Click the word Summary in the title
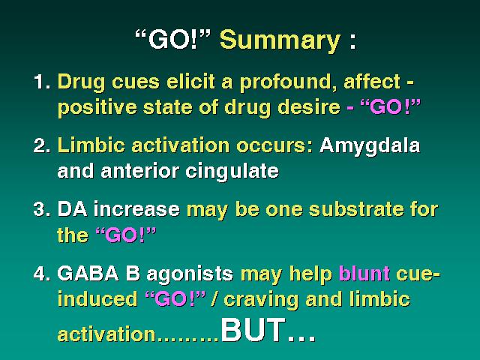point(280,41)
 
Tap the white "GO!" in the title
point(173,39)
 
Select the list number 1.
point(42,82)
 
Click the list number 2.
point(42,145)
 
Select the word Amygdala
point(370,146)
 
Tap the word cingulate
point(232,172)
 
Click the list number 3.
point(42,209)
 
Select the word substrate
point(356,209)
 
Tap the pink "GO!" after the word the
point(126,235)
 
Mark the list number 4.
point(42,273)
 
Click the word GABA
point(88,273)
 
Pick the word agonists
point(190,274)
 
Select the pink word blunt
point(364,273)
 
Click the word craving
point(261,300)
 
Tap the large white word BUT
point(253,330)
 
